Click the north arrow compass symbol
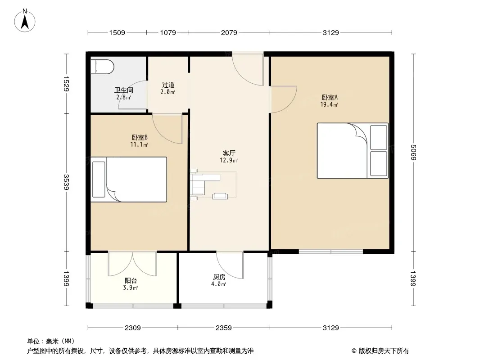tap(25, 21)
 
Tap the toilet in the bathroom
tap(102, 67)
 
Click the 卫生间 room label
tap(123, 90)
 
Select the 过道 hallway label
tap(168, 85)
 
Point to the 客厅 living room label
tap(229, 153)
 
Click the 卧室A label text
tap(330, 98)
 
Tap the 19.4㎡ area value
tap(329, 104)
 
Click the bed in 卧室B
tap(129, 180)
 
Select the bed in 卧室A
tap(353, 150)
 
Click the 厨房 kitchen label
tap(219, 277)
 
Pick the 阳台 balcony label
tap(131, 280)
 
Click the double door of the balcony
tap(132, 264)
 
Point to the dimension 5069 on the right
tap(413, 152)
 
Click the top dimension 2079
tap(229, 32)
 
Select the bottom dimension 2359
tap(223, 328)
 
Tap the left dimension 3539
tap(66, 182)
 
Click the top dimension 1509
tap(117, 32)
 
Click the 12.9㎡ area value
tap(229, 160)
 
